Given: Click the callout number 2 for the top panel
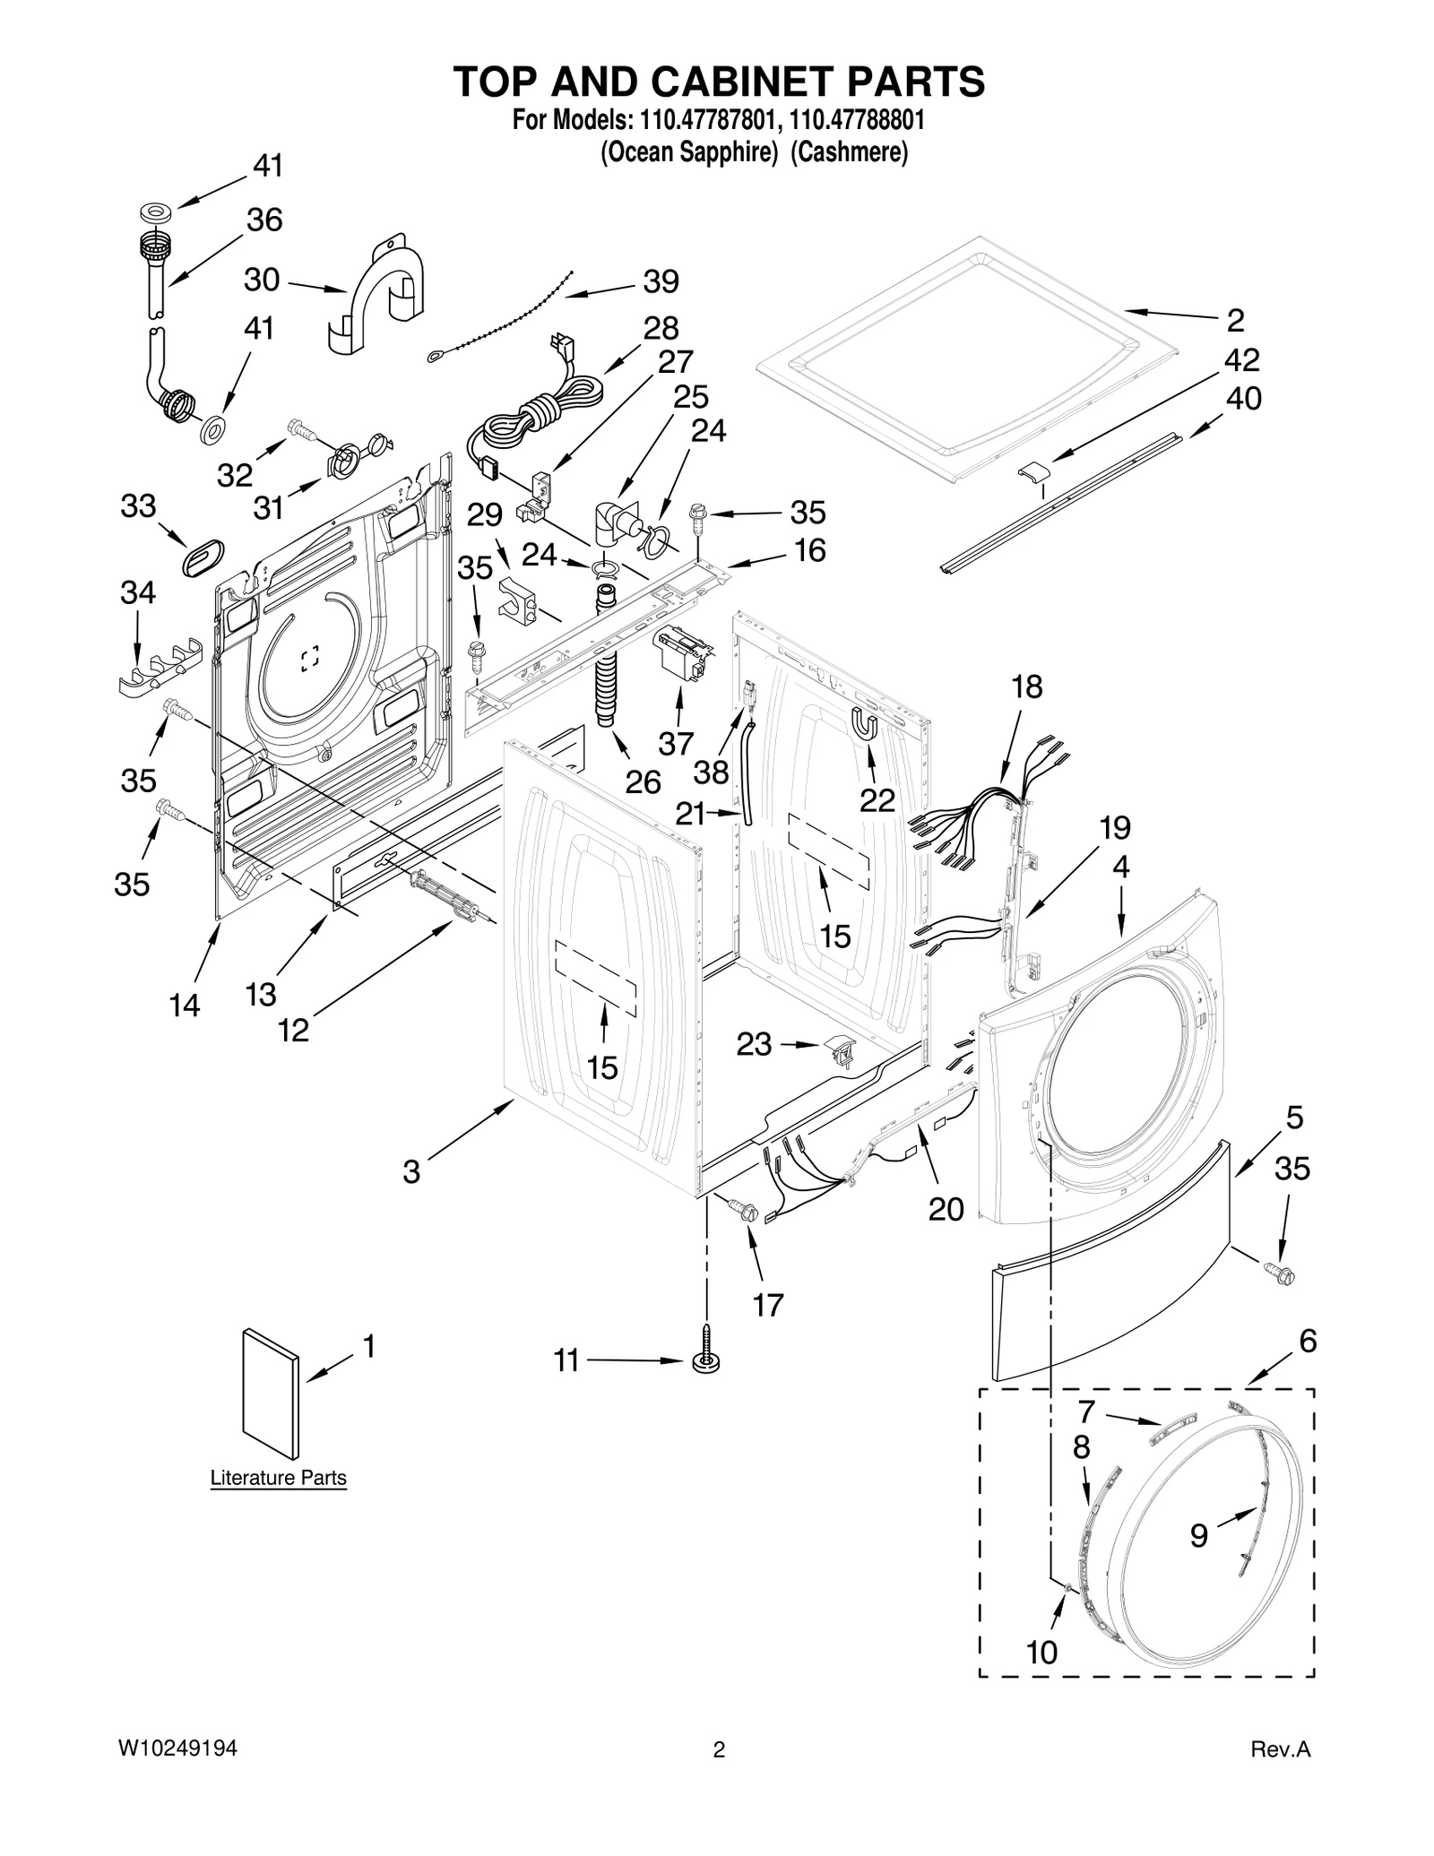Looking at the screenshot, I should [1235, 320].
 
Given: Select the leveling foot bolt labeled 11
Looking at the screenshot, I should [706, 1360].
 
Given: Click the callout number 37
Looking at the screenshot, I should [676, 743].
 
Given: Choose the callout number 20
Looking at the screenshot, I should [946, 1209].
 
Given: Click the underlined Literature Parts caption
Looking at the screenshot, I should [278, 1478].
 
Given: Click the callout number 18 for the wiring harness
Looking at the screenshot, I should [1027, 687].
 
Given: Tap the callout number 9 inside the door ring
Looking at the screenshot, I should [1199, 1536].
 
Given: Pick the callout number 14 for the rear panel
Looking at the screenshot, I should [185, 1006].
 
